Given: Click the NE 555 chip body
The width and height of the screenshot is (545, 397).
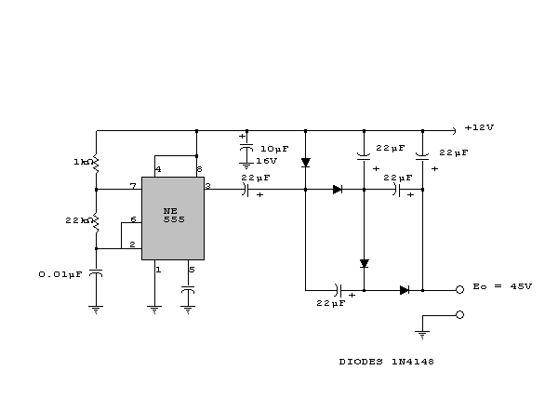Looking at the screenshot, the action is coord(173,218).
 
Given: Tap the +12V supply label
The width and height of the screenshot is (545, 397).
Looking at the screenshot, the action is coord(479,127).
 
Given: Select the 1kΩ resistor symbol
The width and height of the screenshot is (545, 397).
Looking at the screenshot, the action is coord(96,164).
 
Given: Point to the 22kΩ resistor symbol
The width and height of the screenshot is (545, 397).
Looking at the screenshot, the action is coord(96,222).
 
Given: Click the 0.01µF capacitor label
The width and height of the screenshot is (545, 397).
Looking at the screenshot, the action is coord(60,275).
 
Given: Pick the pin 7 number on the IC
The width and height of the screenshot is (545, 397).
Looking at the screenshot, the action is coord(133,186).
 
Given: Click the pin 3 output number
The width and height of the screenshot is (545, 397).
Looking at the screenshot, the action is coord(207,186).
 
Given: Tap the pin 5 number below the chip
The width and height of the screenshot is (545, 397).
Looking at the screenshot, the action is coord(192,270).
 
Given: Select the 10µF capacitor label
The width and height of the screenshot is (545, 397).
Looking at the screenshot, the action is coord(274,149).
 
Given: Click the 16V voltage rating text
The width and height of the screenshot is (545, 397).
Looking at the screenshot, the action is coord(267,161).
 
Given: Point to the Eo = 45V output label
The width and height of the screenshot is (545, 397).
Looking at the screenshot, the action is coord(502,286).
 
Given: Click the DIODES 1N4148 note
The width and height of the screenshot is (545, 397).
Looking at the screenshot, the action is coord(387,362).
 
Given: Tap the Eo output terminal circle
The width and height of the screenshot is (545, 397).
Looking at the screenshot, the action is coord(459,290).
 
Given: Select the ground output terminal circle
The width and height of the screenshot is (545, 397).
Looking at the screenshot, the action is coord(459,315).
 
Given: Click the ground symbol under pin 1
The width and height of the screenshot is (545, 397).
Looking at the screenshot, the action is coord(154,310).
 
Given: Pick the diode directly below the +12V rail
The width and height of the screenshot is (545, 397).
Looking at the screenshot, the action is coord(306,163).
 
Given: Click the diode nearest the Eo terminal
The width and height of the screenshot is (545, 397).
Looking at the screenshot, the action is coord(405,290).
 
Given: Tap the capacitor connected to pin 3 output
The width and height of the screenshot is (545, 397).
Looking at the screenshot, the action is coord(246,190).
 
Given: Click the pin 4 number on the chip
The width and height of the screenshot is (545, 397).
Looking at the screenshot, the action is coord(158,169).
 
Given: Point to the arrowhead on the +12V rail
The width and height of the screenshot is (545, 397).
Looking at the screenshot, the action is coord(454,131).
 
